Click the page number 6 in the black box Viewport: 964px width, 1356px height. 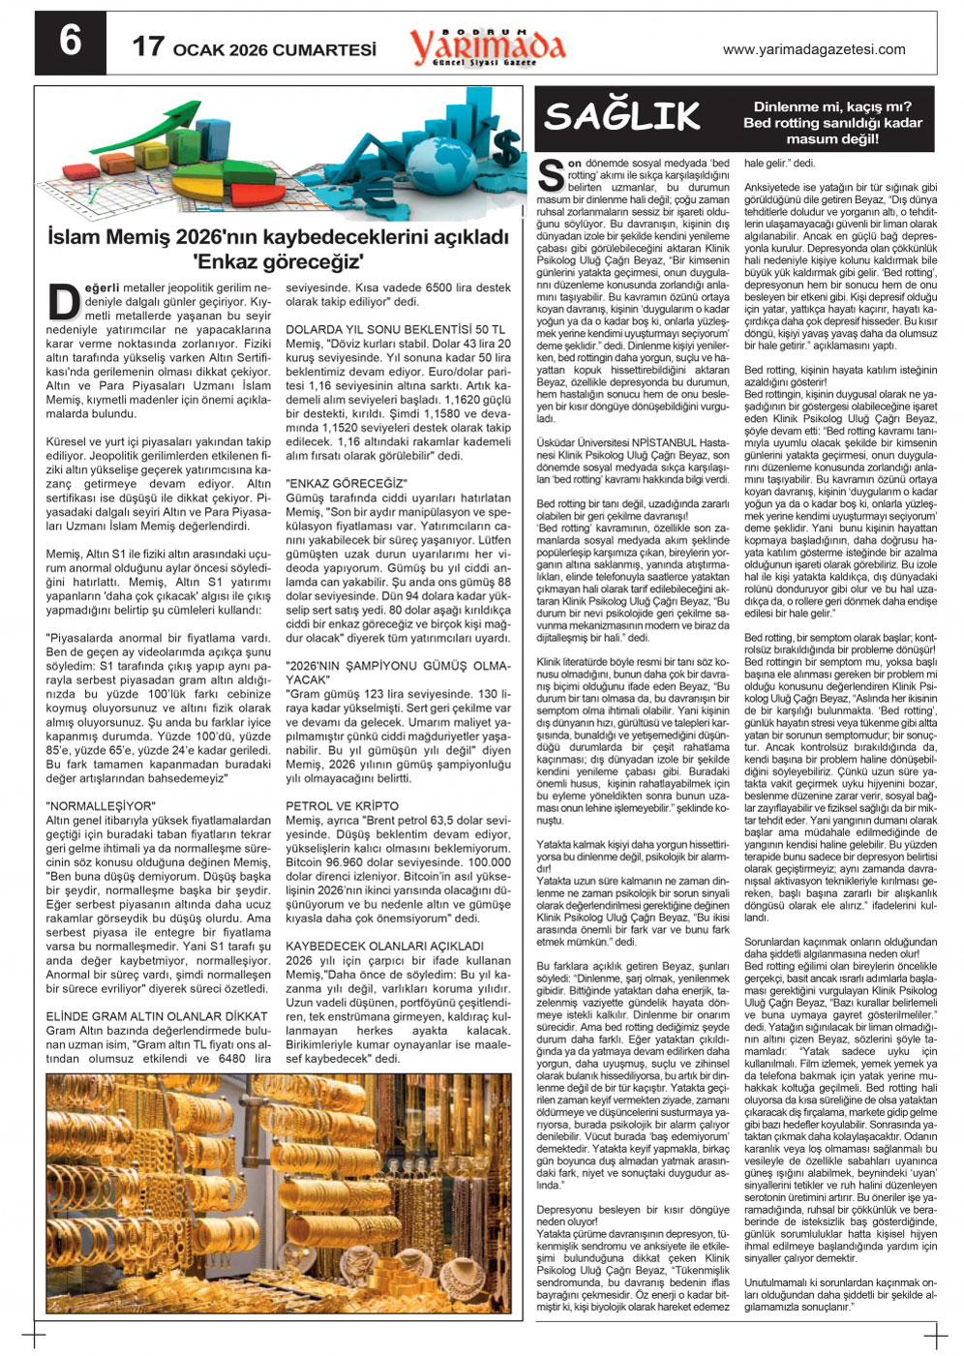[71, 43]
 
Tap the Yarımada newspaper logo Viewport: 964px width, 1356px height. [487, 46]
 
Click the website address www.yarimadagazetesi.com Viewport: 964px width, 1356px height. [814, 50]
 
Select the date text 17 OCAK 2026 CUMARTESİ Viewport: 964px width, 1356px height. [254, 48]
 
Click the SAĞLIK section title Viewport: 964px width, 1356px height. [621, 117]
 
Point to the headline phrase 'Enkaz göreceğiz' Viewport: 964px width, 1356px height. [278, 260]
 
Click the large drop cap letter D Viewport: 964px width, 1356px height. [63, 301]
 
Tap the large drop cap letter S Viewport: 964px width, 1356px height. [550, 175]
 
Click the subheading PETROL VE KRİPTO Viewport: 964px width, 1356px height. [342, 805]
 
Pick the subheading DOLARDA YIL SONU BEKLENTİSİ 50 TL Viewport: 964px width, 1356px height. [395, 329]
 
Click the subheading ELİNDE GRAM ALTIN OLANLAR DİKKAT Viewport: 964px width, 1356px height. [157, 1016]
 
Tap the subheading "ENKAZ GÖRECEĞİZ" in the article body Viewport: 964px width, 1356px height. [346, 483]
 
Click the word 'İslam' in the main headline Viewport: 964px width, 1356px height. [75, 236]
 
